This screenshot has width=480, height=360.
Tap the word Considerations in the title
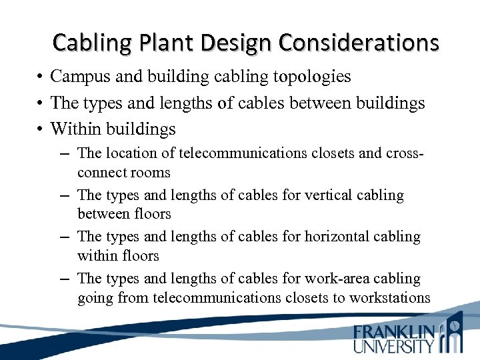pos(359,43)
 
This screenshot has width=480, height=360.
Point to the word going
pos(95,297)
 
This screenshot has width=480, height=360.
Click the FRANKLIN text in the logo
pos(394,332)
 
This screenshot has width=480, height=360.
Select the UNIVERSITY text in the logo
pos(394,346)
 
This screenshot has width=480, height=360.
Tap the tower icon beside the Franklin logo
pos(453,333)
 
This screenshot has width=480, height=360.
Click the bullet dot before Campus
pos(41,77)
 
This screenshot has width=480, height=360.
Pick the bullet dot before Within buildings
pos(41,129)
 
